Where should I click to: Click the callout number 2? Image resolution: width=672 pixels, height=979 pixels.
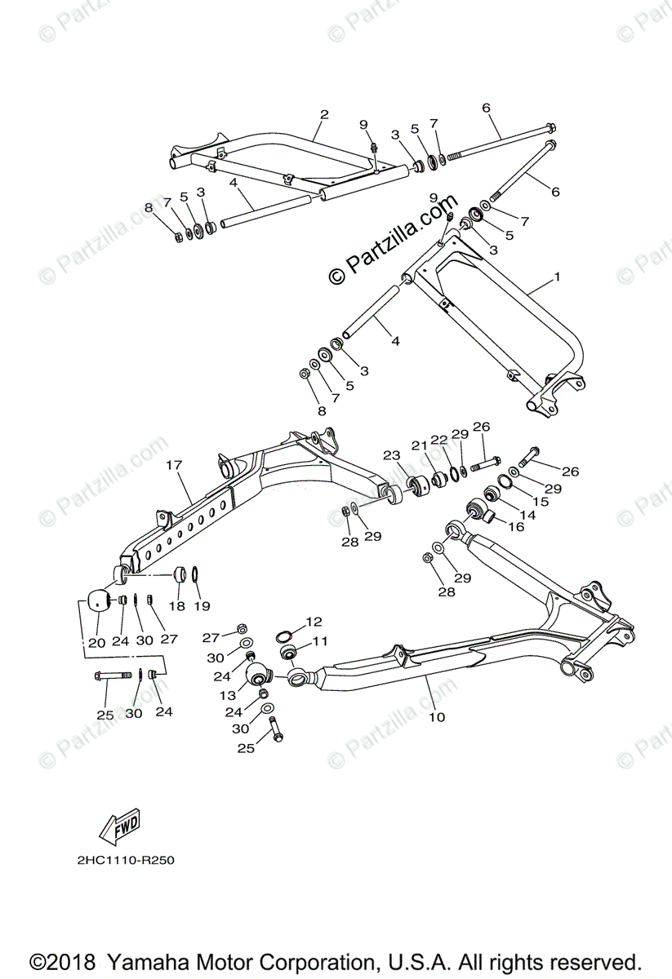[323, 114]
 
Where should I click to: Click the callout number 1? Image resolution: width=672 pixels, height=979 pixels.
[557, 277]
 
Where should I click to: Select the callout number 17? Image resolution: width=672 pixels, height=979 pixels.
[173, 464]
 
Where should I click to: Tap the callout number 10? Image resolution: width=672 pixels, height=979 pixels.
[437, 717]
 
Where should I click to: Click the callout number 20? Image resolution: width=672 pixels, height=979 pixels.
[97, 641]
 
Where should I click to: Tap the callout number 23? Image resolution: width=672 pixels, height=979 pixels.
[391, 455]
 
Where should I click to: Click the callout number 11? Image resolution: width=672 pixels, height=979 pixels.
[318, 641]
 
